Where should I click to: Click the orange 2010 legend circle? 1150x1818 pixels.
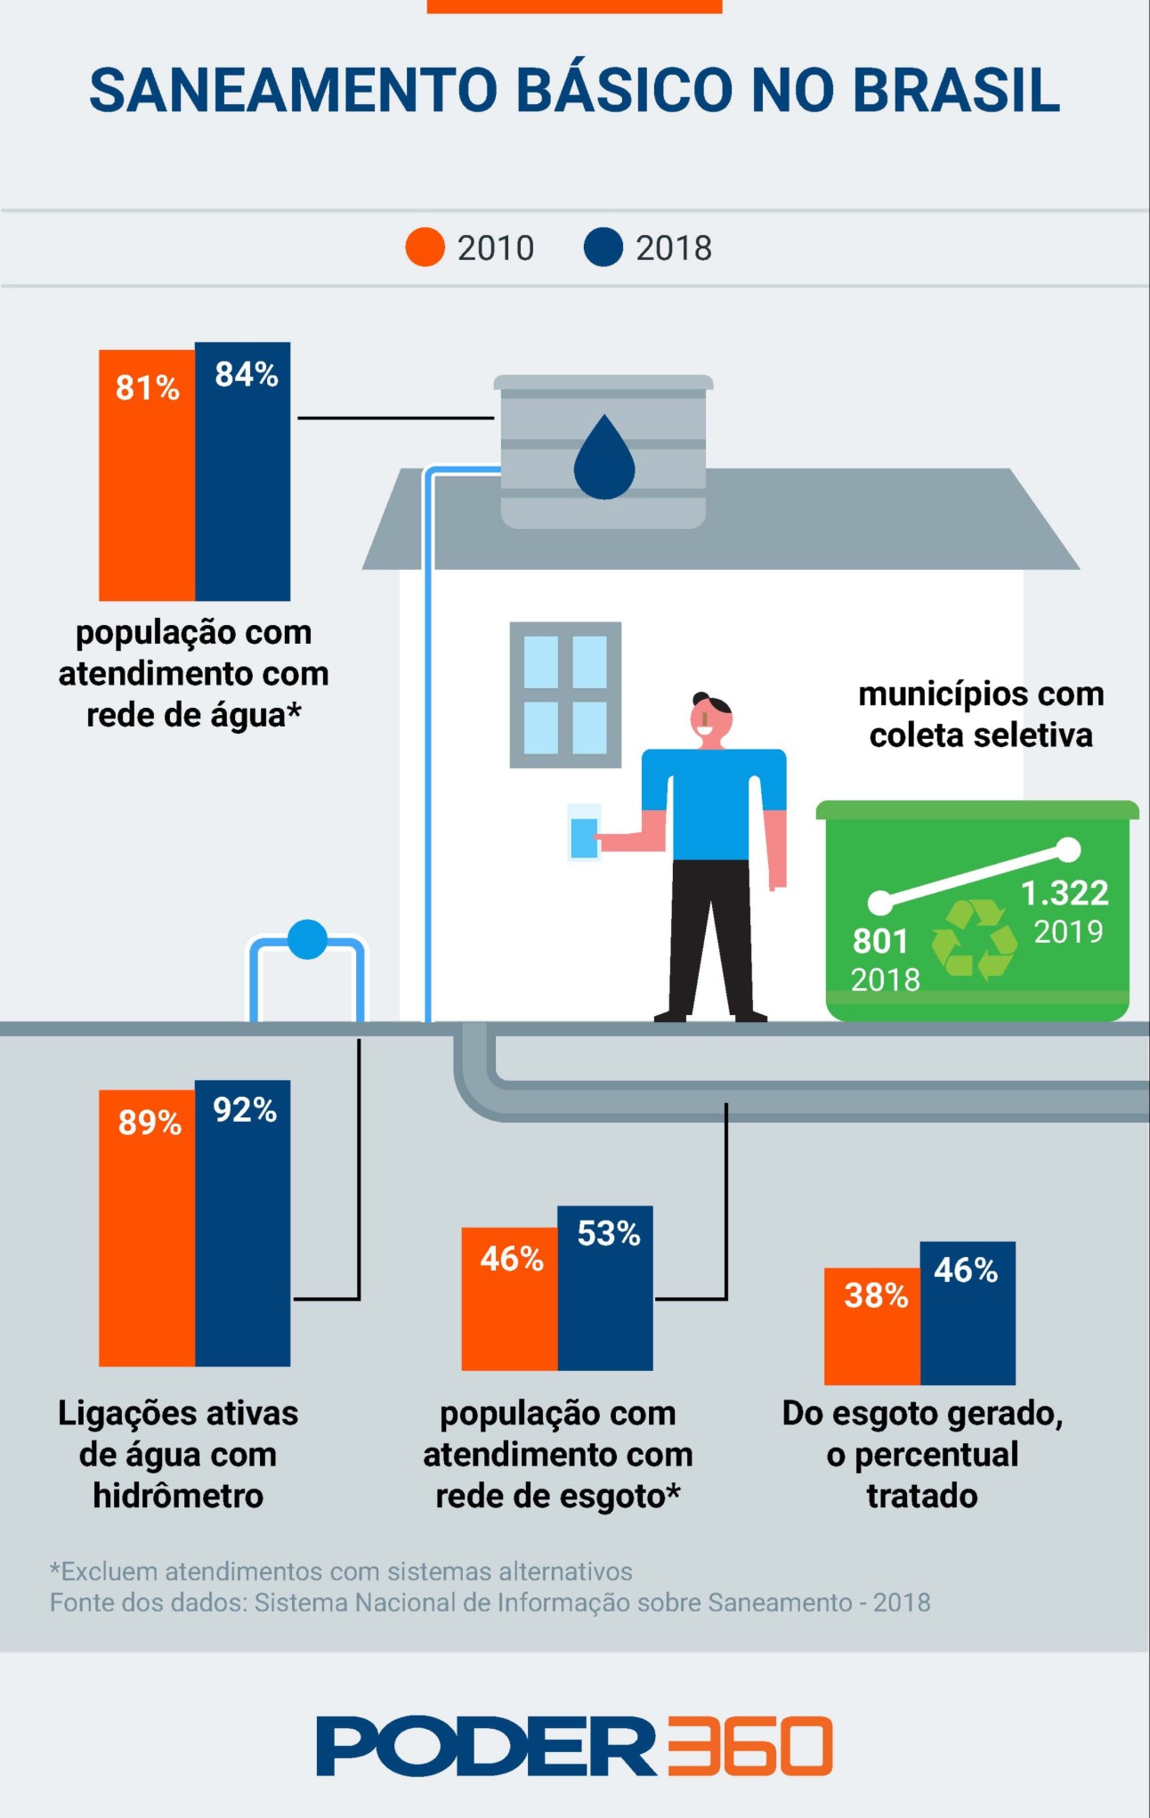click(425, 248)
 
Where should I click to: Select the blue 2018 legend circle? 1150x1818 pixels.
click(603, 248)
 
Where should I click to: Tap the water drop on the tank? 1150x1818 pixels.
click(604, 458)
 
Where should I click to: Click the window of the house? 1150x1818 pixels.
click(565, 694)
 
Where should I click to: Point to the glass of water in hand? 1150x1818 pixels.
click(584, 833)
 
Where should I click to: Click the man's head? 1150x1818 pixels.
click(712, 718)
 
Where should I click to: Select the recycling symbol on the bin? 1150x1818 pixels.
click(974, 939)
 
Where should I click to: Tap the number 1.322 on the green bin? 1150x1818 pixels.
click(1065, 893)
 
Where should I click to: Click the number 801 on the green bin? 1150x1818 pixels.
click(880, 941)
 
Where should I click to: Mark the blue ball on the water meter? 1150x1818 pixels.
click(308, 939)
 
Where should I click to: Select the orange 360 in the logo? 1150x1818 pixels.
click(749, 1745)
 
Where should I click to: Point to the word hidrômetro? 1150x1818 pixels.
click(178, 1496)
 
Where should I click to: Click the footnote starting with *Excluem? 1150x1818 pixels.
click(342, 1571)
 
